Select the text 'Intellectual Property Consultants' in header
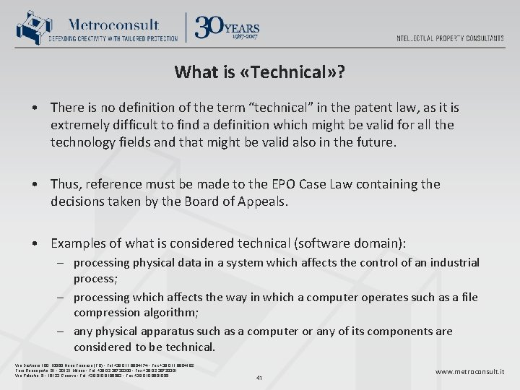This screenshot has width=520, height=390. pos(450,38)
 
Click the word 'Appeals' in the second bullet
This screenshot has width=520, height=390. pos(263,201)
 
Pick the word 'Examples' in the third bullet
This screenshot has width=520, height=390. pos(78,243)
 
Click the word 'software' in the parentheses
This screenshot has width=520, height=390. pos(314,243)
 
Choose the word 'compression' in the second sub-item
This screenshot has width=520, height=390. pos(110,313)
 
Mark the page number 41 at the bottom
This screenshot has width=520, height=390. pos(260,376)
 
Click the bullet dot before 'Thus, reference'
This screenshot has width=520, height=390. pos(35,185)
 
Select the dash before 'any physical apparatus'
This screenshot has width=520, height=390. pos(64,331)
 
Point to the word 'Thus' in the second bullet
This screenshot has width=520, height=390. pos(65,184)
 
